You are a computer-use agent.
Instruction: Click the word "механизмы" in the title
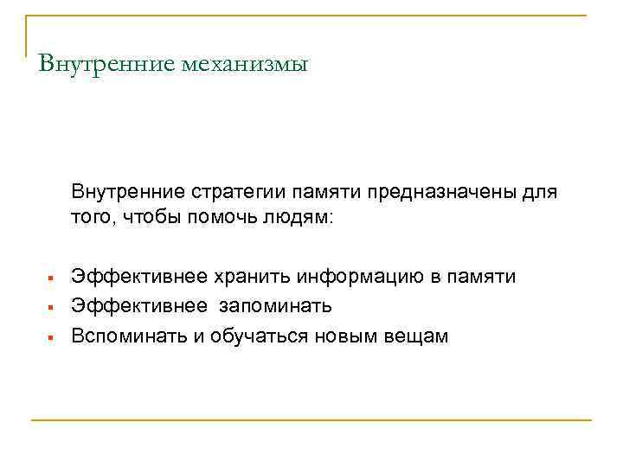click(x=245, y=64)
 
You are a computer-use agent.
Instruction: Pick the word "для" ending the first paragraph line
click(x=541, y=190)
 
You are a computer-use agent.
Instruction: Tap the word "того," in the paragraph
click(x=94, y=217)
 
